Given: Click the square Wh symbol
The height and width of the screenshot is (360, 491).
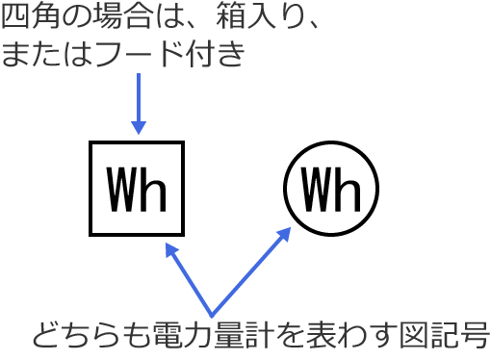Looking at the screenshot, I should click(137, 189).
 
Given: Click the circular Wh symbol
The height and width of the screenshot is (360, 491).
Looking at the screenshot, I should click(330, 189).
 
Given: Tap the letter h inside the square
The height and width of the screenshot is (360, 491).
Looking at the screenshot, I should click(154, 190).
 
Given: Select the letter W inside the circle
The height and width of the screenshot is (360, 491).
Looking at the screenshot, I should click(315, 190).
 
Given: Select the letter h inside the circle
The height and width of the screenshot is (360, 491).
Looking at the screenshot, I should click(348, 190).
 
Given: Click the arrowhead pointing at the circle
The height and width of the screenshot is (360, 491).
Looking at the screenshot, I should click(285, 233).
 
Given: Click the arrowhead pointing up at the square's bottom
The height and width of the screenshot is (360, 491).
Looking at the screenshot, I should click(170, 248).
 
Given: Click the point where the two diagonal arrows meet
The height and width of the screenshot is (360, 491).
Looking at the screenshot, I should click(212, 313).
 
